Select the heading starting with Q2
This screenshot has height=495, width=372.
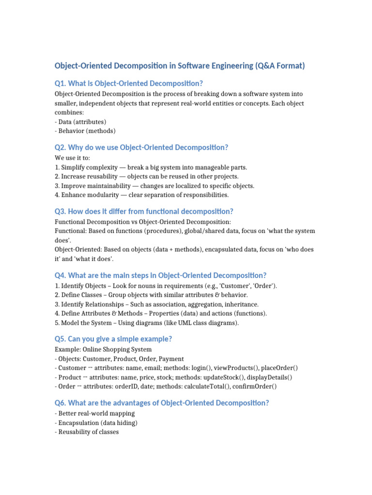click(141, 147)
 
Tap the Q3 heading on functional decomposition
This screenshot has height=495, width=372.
click(144, 211)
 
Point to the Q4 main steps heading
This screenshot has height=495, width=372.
click(161, 275)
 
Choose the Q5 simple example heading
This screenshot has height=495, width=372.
click(114, 339)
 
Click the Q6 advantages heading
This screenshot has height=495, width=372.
click(162, 403)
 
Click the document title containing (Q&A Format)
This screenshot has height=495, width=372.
click(180, 66)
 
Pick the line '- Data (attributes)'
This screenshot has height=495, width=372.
click(80, 122)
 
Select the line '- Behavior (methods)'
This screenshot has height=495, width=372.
click(85, 131)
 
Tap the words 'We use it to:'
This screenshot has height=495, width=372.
click(72, 158)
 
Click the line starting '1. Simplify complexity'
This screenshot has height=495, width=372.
click(151, 167)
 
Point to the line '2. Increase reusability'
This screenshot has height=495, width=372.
click(146, 176)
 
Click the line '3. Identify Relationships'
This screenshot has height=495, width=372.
click(157, 304)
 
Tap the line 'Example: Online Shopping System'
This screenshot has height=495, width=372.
click(103, 349)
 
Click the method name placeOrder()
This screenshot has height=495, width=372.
click(279, 368)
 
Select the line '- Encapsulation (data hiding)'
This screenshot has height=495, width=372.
click(96, 423)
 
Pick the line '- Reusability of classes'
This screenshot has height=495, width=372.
click(87, 432)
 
